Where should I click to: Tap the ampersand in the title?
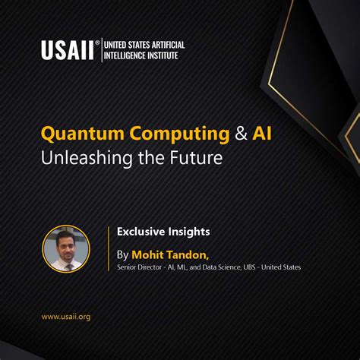click(x=240, y=134)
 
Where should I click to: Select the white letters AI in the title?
click(x=263, y=134)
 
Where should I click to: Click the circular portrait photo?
click(x=66, y=248)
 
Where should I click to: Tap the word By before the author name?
click(x=123, y=254)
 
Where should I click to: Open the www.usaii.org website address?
click(x=65, y=317)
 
